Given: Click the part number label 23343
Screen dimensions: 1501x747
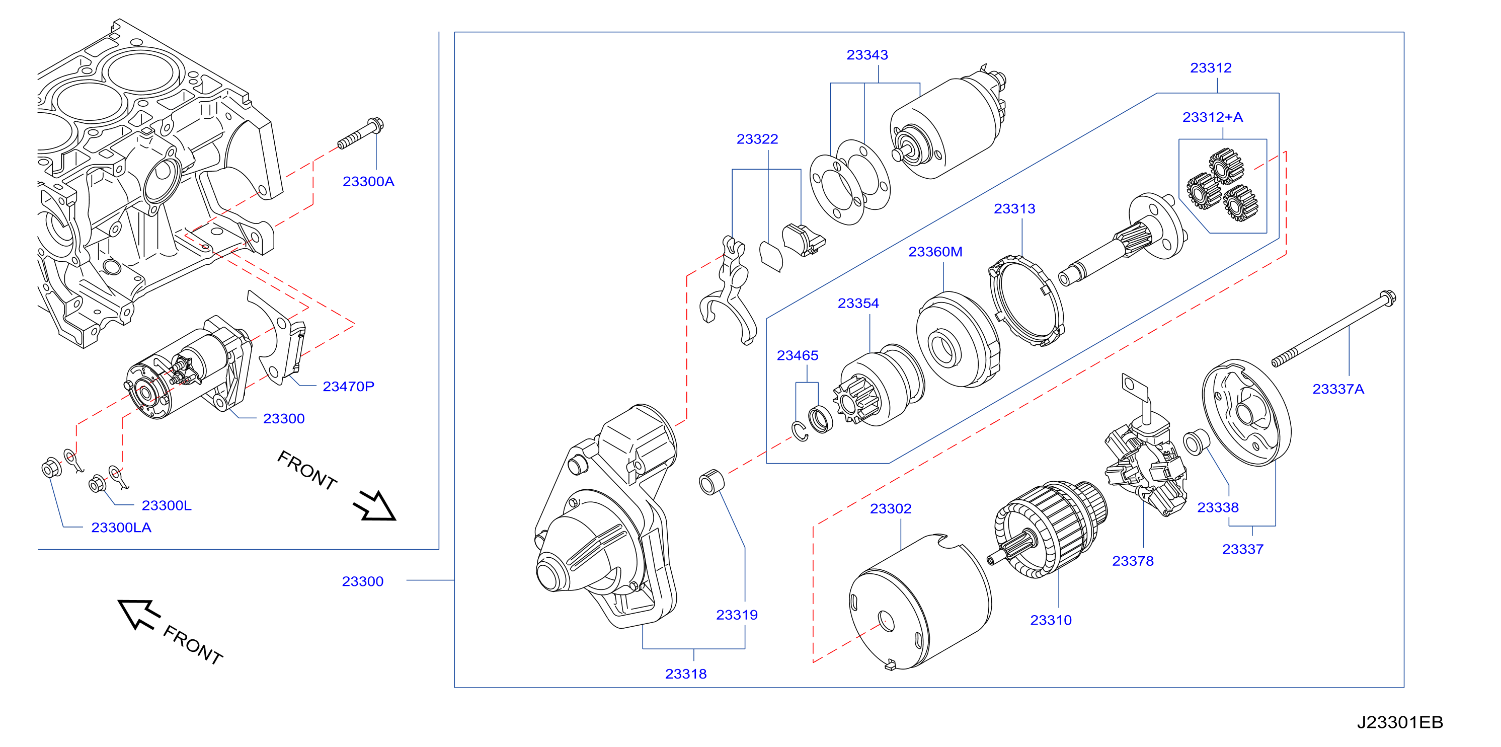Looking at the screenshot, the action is tap(867, 55).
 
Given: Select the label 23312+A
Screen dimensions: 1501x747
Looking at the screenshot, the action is tap(1213, 117).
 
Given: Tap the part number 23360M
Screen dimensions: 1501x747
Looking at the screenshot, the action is tap(935, 252).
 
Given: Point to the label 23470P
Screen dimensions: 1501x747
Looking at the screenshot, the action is tap(348, 386).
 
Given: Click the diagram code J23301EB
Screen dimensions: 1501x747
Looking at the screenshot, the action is tap(1400, 722).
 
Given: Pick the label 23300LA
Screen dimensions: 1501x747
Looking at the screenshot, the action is tap(121, 528).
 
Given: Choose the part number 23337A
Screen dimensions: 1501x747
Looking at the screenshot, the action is tap(1338, 389).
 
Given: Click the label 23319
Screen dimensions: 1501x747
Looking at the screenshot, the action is tap(737, 615).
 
